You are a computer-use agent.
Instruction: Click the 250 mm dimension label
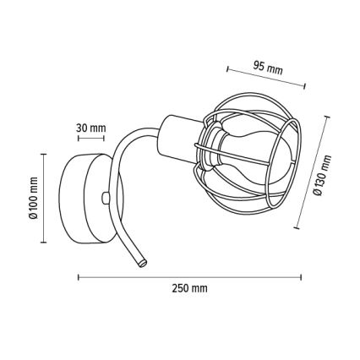pos(189,289)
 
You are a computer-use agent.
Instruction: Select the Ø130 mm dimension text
pos(322,175)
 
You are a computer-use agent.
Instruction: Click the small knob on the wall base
pos(105,198)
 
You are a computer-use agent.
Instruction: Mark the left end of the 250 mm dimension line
pos(78,276)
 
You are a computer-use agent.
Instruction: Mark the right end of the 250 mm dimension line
pos(302,276)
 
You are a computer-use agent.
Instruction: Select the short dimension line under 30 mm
pos(91,138)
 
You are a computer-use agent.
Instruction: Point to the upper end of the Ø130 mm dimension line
pos(329,119)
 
